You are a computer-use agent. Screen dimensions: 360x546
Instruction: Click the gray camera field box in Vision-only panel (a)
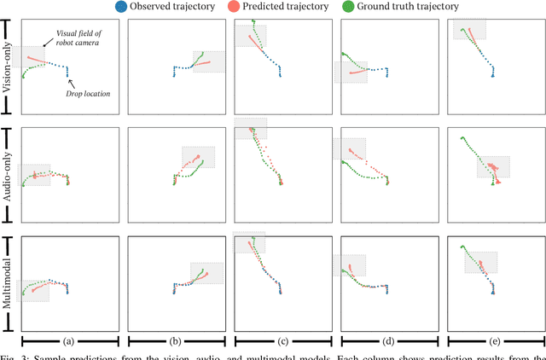tap(31, 56)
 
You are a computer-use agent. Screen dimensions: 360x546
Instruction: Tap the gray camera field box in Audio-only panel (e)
tap(493, 166)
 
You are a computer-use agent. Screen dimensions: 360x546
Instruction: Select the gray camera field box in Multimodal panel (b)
tap(207, 273)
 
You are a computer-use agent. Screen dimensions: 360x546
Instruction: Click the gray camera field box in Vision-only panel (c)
tap(250, 36)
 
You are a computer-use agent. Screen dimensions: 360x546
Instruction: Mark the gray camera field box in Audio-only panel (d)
tap(349, 148)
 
